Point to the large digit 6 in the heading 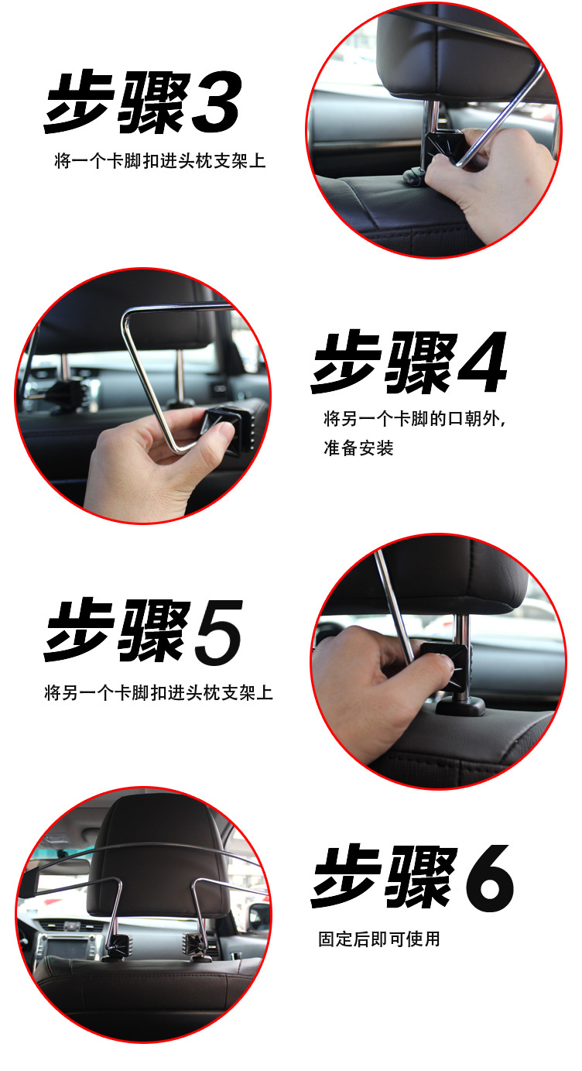(489, 878)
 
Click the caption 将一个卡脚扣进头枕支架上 (159, 161)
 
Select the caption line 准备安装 (358, 448)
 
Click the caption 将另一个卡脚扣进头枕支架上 (159, 693)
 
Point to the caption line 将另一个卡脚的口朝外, (414, 419)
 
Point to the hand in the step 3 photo (488, 182)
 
